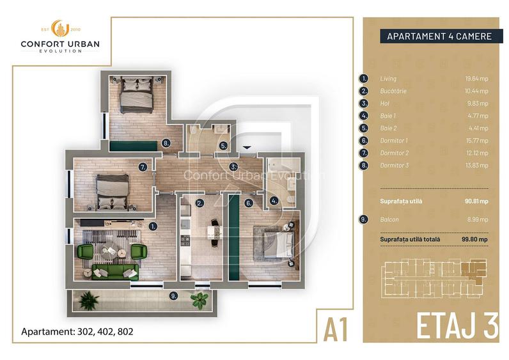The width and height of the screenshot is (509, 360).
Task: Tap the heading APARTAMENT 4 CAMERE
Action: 439,36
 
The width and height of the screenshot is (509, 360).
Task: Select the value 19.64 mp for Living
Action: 476,79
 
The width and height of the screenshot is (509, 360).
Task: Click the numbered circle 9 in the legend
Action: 364,219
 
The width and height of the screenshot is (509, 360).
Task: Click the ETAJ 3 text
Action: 457,326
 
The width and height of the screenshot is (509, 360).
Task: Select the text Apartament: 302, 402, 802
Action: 77,332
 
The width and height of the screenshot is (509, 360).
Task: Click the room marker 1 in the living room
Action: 153,226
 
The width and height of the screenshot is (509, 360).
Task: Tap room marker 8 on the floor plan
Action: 166,143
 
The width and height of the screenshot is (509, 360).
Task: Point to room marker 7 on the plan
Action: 143,167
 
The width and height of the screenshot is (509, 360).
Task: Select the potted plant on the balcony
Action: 200,298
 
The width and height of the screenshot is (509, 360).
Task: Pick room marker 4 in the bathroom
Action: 274,200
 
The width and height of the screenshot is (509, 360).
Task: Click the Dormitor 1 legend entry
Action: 393,140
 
